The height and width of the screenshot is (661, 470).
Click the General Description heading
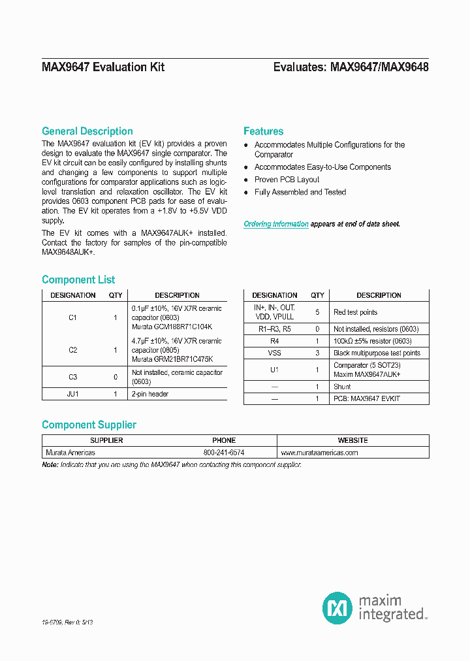click(87, 131)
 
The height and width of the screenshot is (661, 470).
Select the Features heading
click(263, 131)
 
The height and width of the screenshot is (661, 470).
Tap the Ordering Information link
click(276, 224)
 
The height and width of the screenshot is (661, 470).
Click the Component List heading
click(78, 280)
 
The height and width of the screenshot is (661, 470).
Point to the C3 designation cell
click(72, 377)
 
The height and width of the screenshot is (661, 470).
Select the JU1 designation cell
click(72, 395)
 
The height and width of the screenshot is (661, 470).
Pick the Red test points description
click(355, 312)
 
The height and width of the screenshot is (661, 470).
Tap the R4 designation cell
click(274, 341)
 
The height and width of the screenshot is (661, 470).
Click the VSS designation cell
click(274, 353)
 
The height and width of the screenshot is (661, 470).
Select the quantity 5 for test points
click(317, 312)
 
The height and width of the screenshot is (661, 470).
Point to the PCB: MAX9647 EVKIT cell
click(366, 398)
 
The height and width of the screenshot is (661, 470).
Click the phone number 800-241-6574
click(224, 452)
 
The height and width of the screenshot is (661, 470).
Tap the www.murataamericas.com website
click(319, 452)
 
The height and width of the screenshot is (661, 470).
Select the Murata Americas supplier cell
click(70, 452)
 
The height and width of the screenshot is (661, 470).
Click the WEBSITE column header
click(352, 440)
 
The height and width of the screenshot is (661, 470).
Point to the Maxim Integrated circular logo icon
click(337, 608)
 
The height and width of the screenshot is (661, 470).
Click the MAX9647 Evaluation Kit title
click(103, 67)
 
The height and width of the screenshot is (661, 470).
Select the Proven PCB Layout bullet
click(287, 180)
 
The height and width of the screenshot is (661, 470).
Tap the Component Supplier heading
click(89, 425)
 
